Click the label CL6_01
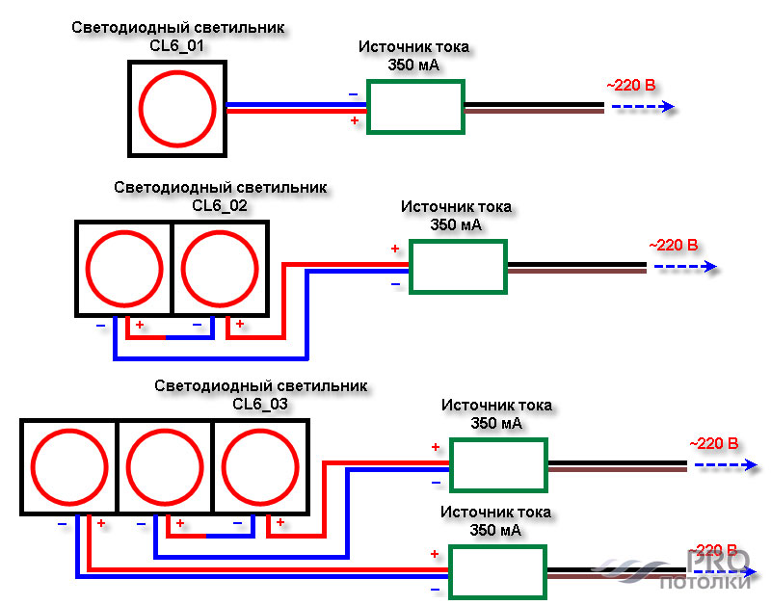pyautogui.click(x=176, y=45)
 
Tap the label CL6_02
pyautogui.click(x=220, y=205)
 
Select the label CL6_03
pyautogui.click(x=260, y=404)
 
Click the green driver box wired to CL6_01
pyautogui.click(x=416, y=81)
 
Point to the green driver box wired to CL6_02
pyautogui.click(x=459, y=241)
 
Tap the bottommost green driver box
pyautogui.click(x=497, y=546)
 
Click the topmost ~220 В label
pyautogui.click(x=631, y=86)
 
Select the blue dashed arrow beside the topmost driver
pyautogui.click(x=643, y=107)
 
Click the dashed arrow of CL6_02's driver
pyautogui.click(x=685, y=267)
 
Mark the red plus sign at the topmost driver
pyautogui.click(x=355, y=120)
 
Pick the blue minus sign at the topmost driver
pyautogui.click(x=354, y=94)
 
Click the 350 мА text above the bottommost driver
pyautogui.click(x=495, y=530)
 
